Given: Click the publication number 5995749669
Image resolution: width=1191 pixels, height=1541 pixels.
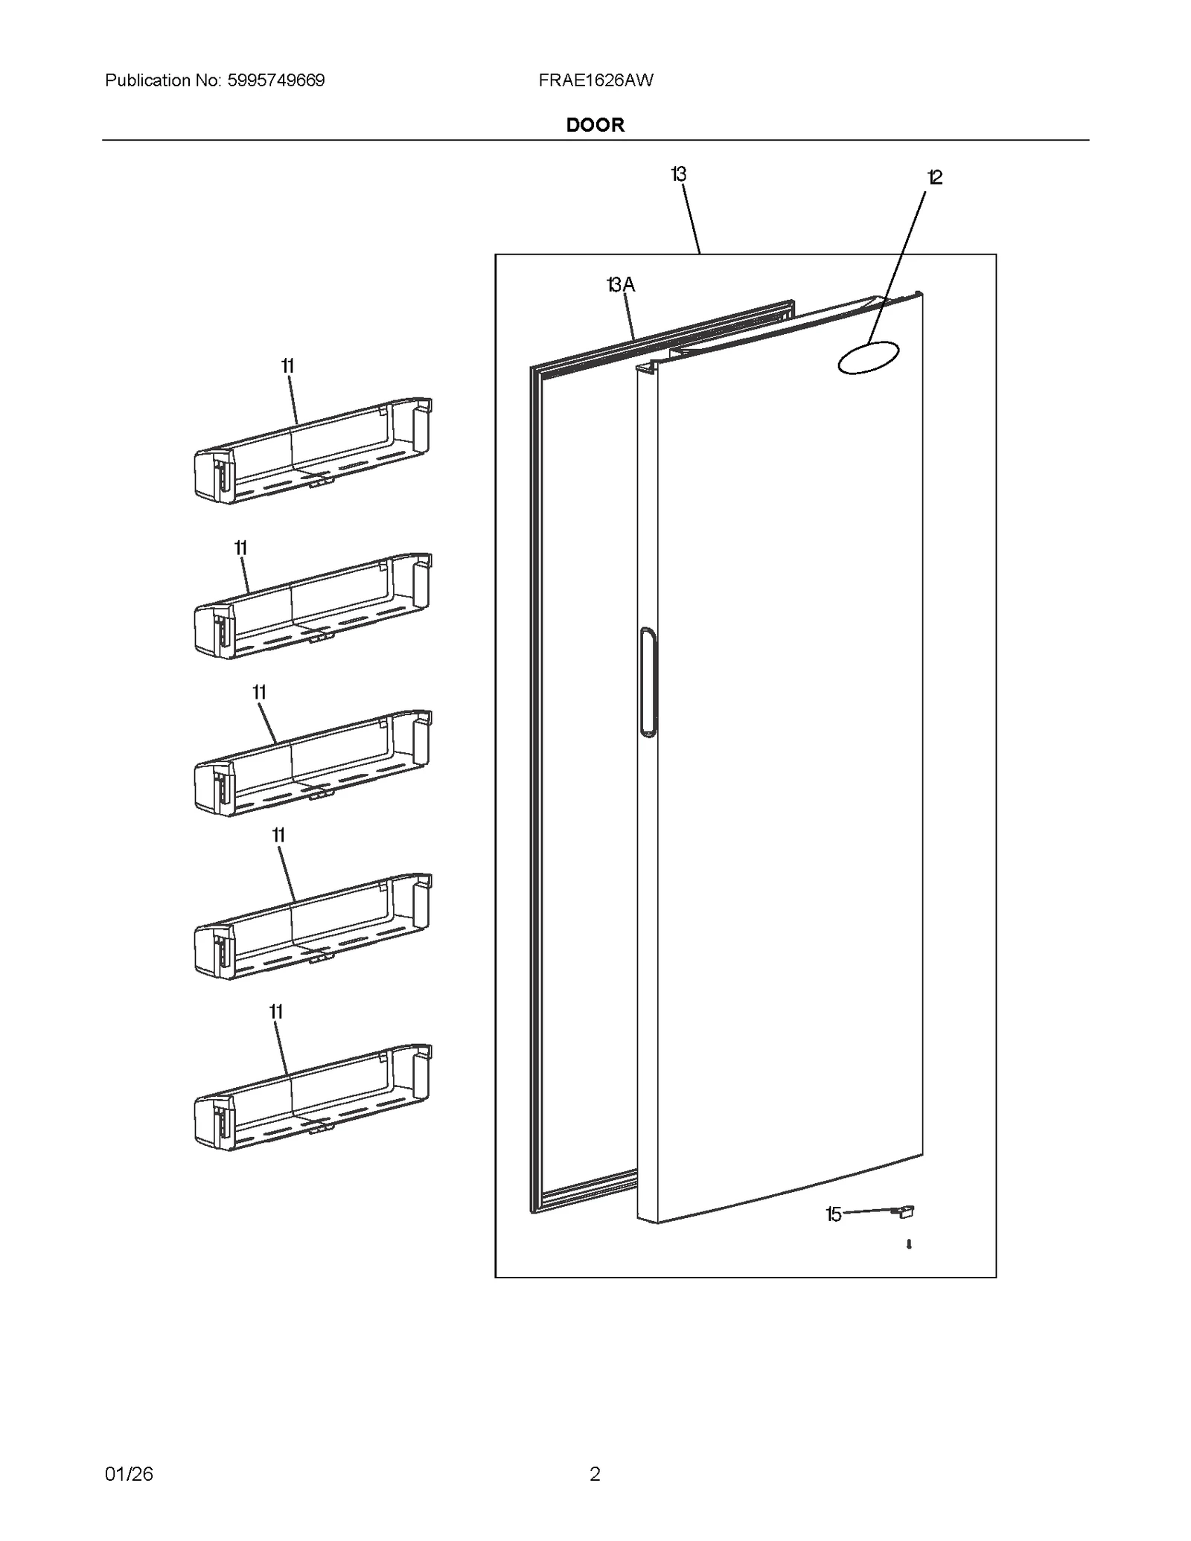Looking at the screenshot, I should tap(275, 80).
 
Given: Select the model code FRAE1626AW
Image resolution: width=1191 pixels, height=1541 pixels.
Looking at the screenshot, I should tap(595, 80).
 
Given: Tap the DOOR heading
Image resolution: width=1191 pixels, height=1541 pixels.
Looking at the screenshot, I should tap(595, 125).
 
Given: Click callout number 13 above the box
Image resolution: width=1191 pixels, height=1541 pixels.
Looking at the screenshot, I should tap(677, 174).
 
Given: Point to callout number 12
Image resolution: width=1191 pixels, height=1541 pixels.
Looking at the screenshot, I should tap(934, 177).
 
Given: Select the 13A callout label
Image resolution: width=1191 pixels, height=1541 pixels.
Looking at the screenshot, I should tap(620, 284).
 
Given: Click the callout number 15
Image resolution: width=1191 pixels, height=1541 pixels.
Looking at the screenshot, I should tap(833, 1214).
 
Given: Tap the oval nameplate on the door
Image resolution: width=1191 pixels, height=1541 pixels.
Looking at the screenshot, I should tap(868, 357).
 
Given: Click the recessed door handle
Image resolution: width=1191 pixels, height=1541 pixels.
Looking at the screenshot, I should tap(648, 682).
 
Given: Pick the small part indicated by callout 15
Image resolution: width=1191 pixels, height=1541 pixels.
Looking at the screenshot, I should tap(904, 1212).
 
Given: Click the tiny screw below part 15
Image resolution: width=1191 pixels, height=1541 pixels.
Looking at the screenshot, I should tap(909, 1244).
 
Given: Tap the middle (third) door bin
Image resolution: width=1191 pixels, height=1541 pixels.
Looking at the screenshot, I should tap(313, 764).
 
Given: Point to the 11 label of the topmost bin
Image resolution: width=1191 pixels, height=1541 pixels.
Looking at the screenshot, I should tap(287, 366).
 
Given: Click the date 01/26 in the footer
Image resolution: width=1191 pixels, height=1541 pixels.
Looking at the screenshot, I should tap(129, 1473).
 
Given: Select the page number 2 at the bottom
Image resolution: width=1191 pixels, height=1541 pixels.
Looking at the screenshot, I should tap(595, 1473).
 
